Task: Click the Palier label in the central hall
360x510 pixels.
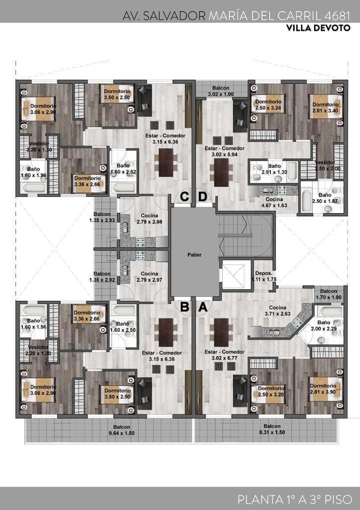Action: pyautogui.click(x=194, y=254)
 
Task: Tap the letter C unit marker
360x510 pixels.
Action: pyautogui.click(x=185, y=197)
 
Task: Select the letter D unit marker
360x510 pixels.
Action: pyautogui.click(x=203, y=197)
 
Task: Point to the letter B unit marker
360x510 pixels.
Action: pyautogui.click(x=185, y=307)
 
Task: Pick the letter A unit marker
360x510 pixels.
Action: pyautogui.click(x=203, y=307)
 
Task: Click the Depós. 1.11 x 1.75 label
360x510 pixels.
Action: pyautogui.click(x=263, y=276)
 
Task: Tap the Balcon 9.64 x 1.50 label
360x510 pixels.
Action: pyautogui.click(x=121, y=430)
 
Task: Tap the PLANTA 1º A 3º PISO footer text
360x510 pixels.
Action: pyautogui.click(x=295, y=499)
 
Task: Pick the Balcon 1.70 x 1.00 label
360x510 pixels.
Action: pyautogui.click(x=329, y=294)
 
